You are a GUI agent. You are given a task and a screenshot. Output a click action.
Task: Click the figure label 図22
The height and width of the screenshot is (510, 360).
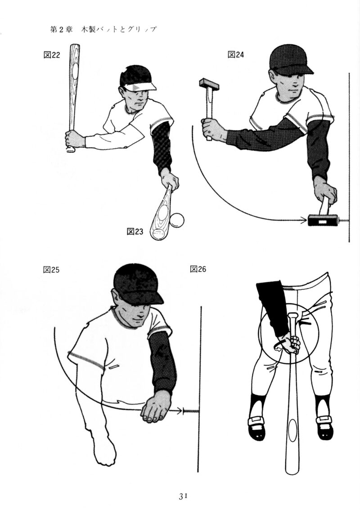[x=52, y=54]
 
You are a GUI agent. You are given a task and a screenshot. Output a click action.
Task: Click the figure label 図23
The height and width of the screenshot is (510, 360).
[x=135, y=231]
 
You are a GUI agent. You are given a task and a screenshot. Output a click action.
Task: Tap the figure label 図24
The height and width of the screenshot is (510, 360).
[x=236, y=54]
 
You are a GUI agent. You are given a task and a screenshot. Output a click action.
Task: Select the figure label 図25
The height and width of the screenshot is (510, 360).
[x=51, y=270]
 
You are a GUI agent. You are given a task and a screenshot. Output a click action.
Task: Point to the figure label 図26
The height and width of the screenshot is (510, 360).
[x=198, y=269]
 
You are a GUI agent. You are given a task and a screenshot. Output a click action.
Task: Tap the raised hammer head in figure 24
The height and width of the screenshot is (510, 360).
[x=209, y=84]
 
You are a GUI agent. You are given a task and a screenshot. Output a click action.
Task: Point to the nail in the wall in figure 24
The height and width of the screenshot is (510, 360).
[x=343, y=221]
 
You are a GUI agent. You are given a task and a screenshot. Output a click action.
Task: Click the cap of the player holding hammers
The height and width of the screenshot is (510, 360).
[x=290, y=60]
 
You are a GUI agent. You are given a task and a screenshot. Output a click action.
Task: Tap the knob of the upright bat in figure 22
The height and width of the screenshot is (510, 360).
[x=71, y=150]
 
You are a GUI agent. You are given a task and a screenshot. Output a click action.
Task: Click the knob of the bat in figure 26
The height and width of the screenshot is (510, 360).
[x=292, y=315]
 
